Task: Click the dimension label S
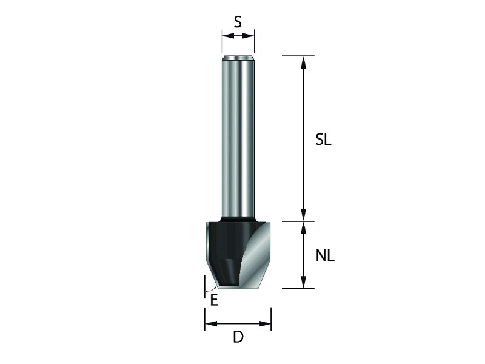click(x=238, y=22)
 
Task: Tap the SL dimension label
click(x=323, y=140)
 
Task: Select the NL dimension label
click(x=325, y=256)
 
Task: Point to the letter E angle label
click(x=214, y=300)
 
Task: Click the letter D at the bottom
click(x=238, y=337)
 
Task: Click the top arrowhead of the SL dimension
click(x=304, y=62)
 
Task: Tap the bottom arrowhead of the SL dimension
click(x=304, y=215)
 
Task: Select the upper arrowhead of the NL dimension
click(x=304, y=227)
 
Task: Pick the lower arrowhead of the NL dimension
click(x=304, y=282)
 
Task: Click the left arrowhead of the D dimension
click(x=211, y=324)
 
